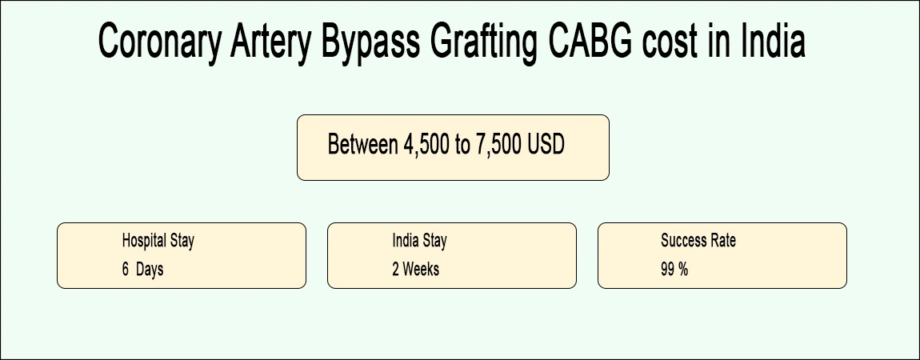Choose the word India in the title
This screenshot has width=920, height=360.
[x=772, y=42]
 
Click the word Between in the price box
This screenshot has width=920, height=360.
[x=359, y=146]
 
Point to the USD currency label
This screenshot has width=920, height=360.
[x=546, y=146]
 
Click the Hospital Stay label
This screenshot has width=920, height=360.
[x=158, y=240]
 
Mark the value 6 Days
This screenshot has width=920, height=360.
[x=142, y=270]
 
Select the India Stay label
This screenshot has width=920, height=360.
[x=419, y=240]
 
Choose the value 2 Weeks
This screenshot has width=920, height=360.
[x=415, y=270]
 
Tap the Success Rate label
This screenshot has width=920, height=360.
[x=698, y=240]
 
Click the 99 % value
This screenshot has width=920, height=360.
[x=674, y=270]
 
